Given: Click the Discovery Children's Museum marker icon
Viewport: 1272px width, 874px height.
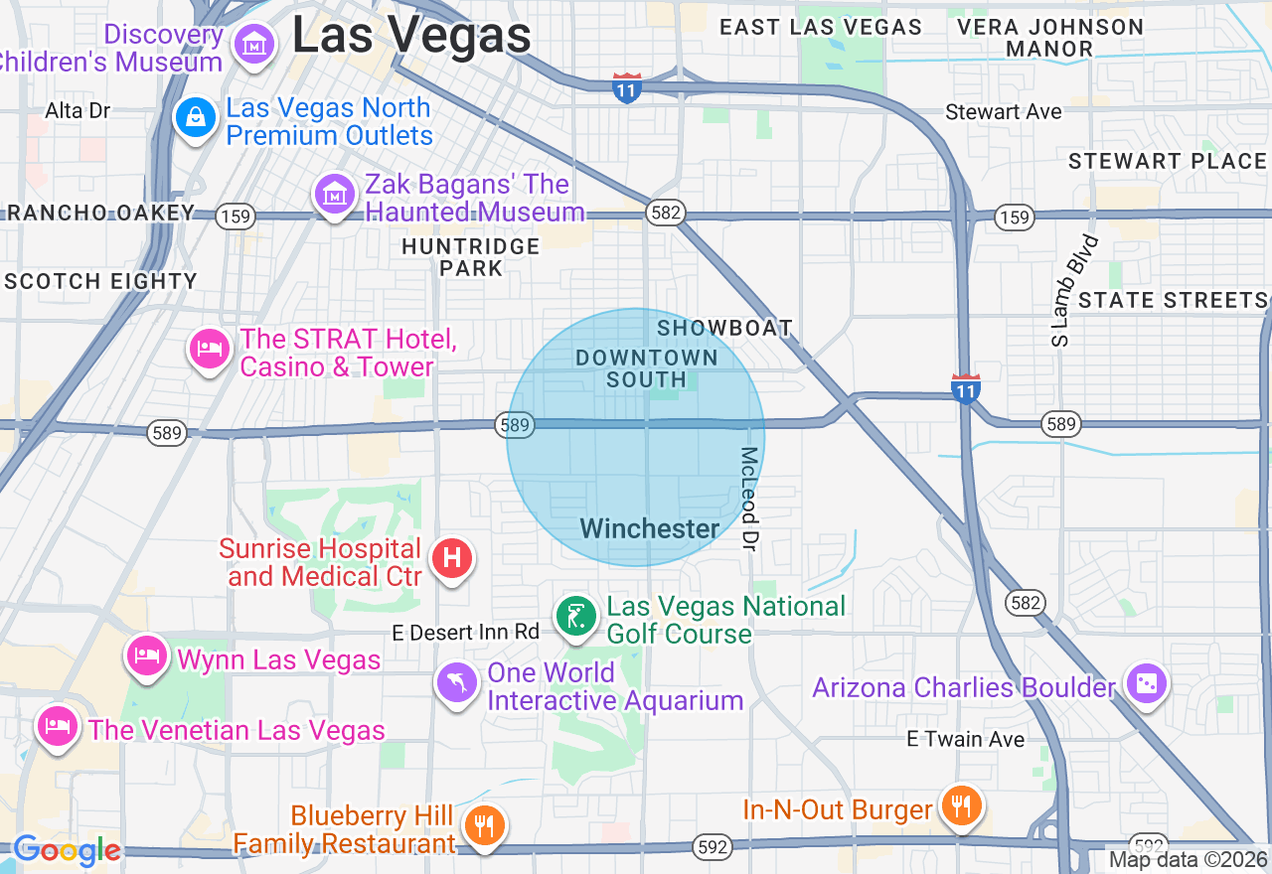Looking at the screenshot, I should pos(254,44).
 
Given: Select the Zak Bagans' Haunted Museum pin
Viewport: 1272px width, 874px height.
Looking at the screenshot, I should pos(335,195).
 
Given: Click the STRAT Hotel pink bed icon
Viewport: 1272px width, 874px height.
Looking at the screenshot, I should pos(209,349).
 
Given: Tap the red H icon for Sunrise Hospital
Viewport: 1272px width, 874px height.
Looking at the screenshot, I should pos(452,558).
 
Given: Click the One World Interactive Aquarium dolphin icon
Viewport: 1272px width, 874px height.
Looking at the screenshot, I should pos(457,682).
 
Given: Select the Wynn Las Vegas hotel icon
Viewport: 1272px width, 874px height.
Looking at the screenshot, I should pos(147,655).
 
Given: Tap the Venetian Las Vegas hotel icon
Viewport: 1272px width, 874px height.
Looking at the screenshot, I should pos(57,726).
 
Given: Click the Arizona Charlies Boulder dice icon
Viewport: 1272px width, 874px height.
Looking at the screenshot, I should pos(1146,683).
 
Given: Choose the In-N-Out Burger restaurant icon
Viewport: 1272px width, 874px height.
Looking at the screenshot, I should pos(960,805).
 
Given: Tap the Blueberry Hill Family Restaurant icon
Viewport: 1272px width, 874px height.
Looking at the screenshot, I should pos(484,825).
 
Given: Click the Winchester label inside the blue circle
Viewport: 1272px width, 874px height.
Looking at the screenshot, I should pos(650,528).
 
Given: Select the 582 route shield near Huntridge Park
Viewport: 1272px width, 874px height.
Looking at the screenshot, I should pos(663,213).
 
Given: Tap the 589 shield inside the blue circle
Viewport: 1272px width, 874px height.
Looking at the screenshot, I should pos(515,425).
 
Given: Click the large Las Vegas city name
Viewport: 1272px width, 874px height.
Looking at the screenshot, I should pos(411,36).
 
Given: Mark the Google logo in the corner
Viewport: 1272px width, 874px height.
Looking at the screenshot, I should pos(67,851).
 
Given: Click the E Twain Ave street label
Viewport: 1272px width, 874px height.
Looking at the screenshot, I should pos(965,739).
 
